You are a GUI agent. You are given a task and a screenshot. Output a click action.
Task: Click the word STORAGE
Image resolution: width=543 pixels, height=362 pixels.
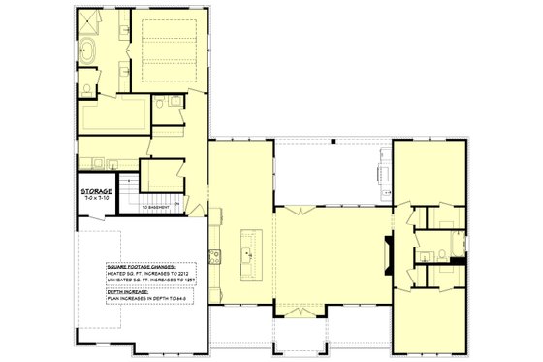point(98,192)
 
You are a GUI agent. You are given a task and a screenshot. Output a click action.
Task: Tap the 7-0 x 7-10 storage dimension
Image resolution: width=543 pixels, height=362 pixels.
point(98,199)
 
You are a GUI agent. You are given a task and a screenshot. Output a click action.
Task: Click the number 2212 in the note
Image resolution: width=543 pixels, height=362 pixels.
point(182,275)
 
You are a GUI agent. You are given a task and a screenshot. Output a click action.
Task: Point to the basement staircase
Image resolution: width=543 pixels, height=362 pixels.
point(127,189)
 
